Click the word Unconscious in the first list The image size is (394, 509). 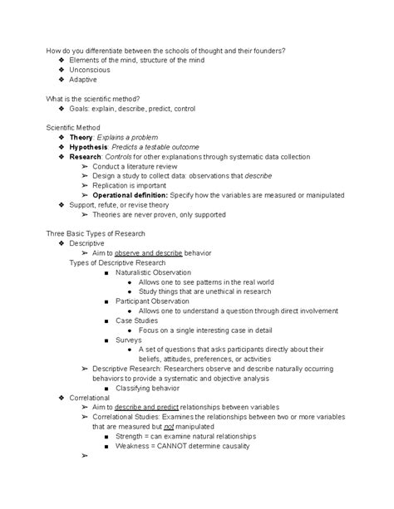pos(91,70)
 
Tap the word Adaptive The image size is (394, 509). pos(84,80)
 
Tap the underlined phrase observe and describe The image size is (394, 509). pos(143,253)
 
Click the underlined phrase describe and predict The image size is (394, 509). pos(143,408)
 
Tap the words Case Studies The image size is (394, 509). pos(137,321)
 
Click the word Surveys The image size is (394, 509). pos(131,340)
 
